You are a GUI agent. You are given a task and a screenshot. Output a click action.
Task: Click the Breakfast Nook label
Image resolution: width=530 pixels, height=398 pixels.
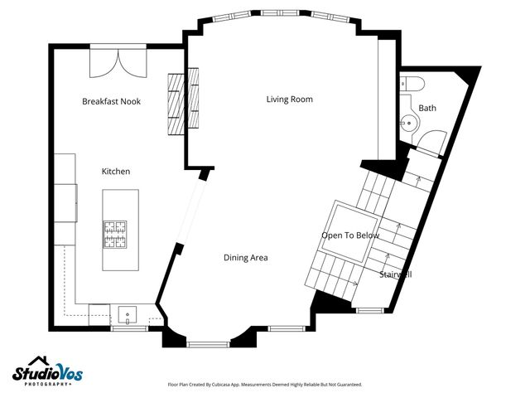(111, 101)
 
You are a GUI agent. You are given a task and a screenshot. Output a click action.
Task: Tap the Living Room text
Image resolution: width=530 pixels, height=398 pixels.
(289, 99)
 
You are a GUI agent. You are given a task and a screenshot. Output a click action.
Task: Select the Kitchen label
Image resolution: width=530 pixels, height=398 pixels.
(115, 171)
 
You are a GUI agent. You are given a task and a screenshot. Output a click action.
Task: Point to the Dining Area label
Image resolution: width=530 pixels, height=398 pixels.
(245, 258)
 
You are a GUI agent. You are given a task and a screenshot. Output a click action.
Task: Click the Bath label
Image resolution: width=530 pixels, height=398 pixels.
(427, 108)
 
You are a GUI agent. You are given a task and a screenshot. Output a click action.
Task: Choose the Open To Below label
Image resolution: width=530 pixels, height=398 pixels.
(349, 235)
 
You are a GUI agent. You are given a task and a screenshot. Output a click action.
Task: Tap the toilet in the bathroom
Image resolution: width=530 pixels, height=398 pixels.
(411, 83)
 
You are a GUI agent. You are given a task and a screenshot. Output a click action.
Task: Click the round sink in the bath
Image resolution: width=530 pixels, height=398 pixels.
(407, 124)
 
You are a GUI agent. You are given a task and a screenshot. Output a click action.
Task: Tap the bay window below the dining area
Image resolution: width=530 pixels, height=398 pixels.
(208, 342)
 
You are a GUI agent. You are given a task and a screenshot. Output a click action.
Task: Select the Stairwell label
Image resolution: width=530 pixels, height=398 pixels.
(396, 274)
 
